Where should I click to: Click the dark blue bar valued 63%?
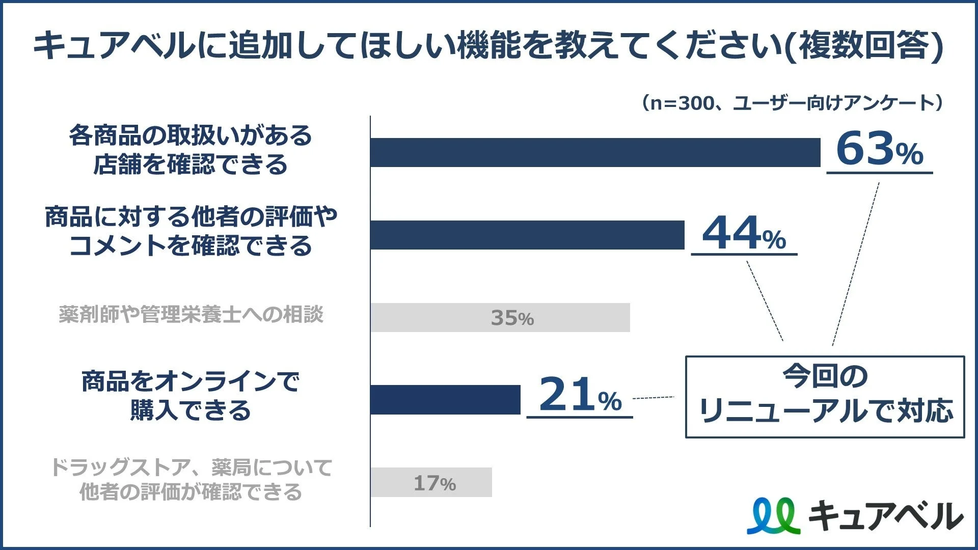coord(595,152)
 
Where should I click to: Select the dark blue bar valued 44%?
coord(527,235)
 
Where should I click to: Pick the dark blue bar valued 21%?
coord(445,400)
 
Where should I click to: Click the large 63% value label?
coord(879,149)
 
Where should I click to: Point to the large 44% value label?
coord(744,234)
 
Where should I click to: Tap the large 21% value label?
coord(580,395)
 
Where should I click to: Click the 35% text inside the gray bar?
coord(512,318)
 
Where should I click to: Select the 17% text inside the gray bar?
coord(434,483)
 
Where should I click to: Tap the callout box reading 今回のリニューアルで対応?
coord(825,397)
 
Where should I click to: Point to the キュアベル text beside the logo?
coord(885,516)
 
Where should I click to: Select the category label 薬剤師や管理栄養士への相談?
coord(191,315)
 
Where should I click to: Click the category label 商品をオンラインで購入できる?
coord(191,396)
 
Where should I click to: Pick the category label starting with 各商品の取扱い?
coord(191,150)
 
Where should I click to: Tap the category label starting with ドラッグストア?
coord(191,479)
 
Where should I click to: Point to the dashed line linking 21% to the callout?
coord(653,397)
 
